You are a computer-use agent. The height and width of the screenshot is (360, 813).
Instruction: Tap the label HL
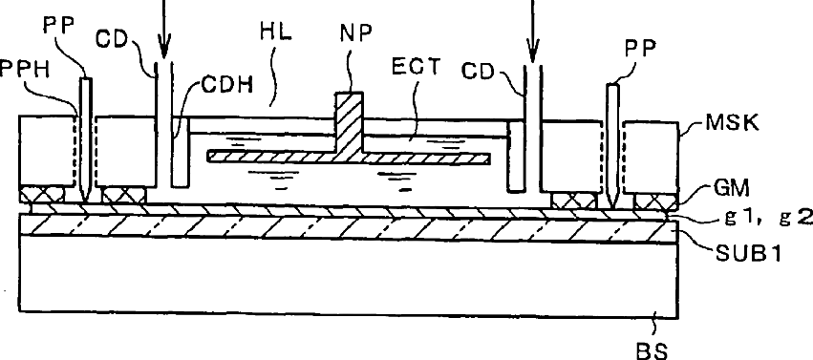pyautogui.click(x=276, y=32)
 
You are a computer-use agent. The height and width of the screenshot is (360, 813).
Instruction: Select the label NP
pyautogui.click(x=355, y=32)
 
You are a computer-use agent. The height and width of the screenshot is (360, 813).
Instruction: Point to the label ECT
pyautogui.click(x=416, y=67)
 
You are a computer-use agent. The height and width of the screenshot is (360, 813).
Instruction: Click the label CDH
pyautogui.click(x=227, y=84)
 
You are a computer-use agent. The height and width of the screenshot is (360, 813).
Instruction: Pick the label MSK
pyautogui.click(x=733, y=123)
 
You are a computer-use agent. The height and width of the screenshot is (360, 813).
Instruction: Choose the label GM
pyautogui.click(x=731, y=189)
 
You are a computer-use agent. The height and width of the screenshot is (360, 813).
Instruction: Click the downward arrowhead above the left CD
pyautogui.click(x=164, y=51)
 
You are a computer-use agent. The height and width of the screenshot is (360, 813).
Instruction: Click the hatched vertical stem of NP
pyautogui.click(x=349, y=123)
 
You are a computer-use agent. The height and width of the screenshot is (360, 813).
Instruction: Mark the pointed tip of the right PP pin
pyautogui.click(x=613, y=205)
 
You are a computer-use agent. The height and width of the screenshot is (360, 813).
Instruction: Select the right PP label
pyautogui.click(x=640, y=48)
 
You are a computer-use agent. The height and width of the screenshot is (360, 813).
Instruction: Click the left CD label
pyautogui.click(x=112, y=39)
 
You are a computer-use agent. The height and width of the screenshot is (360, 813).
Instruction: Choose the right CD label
pyautogui.click(x=478, y=72)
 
